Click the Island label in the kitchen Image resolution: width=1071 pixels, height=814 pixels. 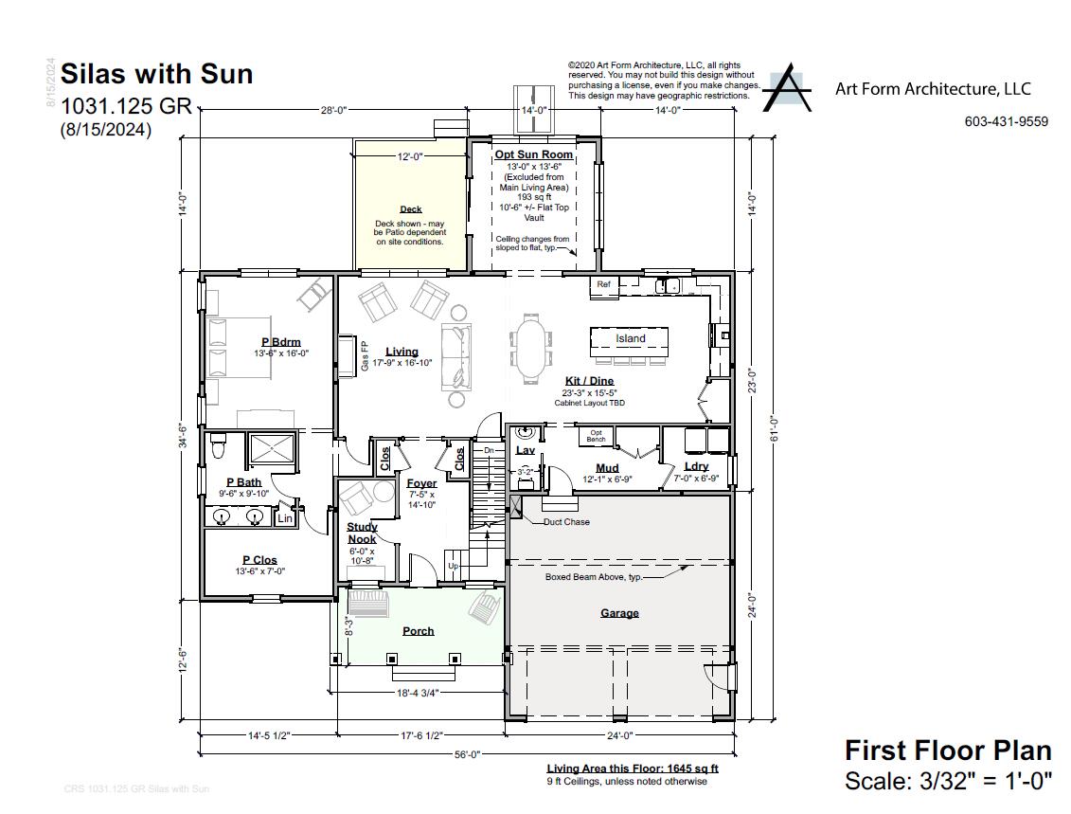(630, 338)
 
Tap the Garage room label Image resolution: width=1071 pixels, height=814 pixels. (619, 613)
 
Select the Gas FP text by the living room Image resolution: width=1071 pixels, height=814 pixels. (365, 354)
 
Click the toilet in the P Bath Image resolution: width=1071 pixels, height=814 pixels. (217, 443)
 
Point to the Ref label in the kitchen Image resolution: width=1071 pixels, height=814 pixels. (603, 284)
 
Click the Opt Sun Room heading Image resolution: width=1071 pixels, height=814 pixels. (534, 154)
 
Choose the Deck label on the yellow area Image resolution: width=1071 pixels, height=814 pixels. (411, 209)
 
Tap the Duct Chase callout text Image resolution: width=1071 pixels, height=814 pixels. (566, 522)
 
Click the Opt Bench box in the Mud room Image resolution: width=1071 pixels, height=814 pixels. (597, 437)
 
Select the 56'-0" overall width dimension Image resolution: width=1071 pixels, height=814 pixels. (468, 754)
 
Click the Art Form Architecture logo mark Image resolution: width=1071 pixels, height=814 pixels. (787, 88)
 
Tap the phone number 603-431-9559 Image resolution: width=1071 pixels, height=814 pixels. (1006, 121)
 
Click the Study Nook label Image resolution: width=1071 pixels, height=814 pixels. (361, 533)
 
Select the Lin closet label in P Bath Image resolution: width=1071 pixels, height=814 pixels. (284, 518)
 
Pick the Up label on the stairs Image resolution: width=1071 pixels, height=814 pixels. (453, 567)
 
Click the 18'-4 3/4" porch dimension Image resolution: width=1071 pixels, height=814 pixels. (418, 693)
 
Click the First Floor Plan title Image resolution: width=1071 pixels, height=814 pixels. (948, 751)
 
